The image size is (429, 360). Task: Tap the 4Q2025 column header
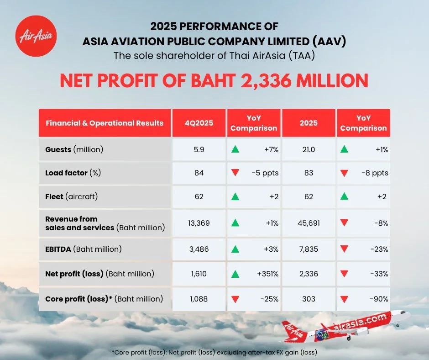[x=199, y=123]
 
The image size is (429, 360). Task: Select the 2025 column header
[x=309, y=123]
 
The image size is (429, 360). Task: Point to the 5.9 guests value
[x=199, y=149]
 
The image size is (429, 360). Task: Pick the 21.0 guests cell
[x=309, y=149]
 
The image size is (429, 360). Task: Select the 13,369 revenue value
[x=199, y=223]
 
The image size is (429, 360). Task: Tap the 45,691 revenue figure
[x=309, y=223]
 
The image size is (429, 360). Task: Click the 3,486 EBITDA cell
[x=199, y=249]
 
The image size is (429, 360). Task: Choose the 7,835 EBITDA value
[x=309, y=249]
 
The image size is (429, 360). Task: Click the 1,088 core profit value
[x=199, y=299]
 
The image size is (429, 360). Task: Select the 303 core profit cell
[x=309, y=299]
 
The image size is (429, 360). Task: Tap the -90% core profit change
[x=379, y=299]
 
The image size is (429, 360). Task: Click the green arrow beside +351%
[x=235, y=274]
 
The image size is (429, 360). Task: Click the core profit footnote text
[x=214, y=352]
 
